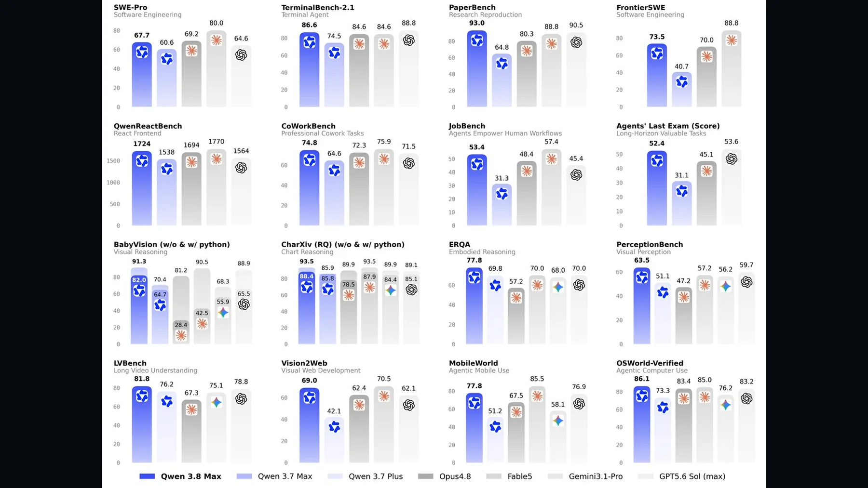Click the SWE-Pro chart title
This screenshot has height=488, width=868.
[x=131, y=7]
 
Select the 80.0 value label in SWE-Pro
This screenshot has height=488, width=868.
[x=217, y=23]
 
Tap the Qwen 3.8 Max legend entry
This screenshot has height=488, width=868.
[x=180, y=476]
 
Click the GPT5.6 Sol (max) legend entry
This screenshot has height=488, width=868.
[x=681, y=476]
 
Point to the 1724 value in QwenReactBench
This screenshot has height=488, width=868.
[x=142, y=144]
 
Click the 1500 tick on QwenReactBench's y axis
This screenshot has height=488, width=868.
[x=113, y=161]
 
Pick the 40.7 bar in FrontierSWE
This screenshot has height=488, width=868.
[x=681, y=90]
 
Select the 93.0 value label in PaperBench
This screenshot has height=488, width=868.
[x=477, y=23]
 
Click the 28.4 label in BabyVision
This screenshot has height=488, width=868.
[x=181, y=325]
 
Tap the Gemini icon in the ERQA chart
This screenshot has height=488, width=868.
[x=558, y=287]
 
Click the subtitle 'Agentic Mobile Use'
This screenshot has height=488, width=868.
[x=479, y=370]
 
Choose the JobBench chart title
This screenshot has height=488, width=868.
[x=467, y=126]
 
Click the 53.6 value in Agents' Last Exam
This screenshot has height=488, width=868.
[x=731, y=142]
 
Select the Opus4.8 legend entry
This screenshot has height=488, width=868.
[x=444, y=476]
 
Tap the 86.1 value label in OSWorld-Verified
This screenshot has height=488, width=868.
[x=641, y=379]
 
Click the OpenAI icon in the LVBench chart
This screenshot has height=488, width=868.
[x=241, y=399]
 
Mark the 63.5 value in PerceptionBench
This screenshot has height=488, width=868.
[x=641, y=261]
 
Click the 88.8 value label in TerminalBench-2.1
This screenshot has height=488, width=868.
[x=408, y=23]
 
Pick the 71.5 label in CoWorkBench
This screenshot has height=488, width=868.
[x=408, y=146]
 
